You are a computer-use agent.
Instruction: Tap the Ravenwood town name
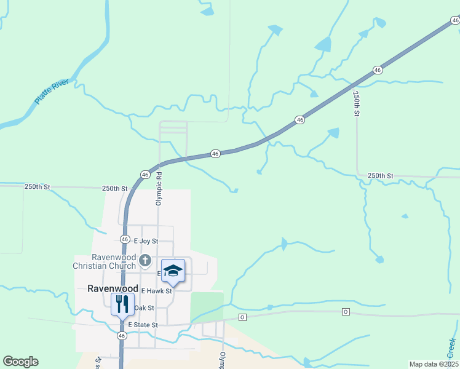point(107,288)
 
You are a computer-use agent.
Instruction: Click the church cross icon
point(145,261)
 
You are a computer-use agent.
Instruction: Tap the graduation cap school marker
point(173,271)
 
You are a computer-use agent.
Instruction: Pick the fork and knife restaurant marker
point(122,303)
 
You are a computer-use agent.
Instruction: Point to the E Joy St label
point(146,241)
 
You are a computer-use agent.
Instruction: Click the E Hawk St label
point(156,290)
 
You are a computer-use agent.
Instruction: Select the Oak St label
point(143,307)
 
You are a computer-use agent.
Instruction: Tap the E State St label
point(143,325)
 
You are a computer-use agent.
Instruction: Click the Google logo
point(20,362)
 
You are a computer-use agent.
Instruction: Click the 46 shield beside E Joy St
point(125,239)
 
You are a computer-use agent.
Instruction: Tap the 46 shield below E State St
point(122,336)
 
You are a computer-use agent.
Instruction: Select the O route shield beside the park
point(242,317)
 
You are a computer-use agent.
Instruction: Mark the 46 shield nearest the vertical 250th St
point(378,70)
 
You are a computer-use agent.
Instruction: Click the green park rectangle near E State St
point(207,306)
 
